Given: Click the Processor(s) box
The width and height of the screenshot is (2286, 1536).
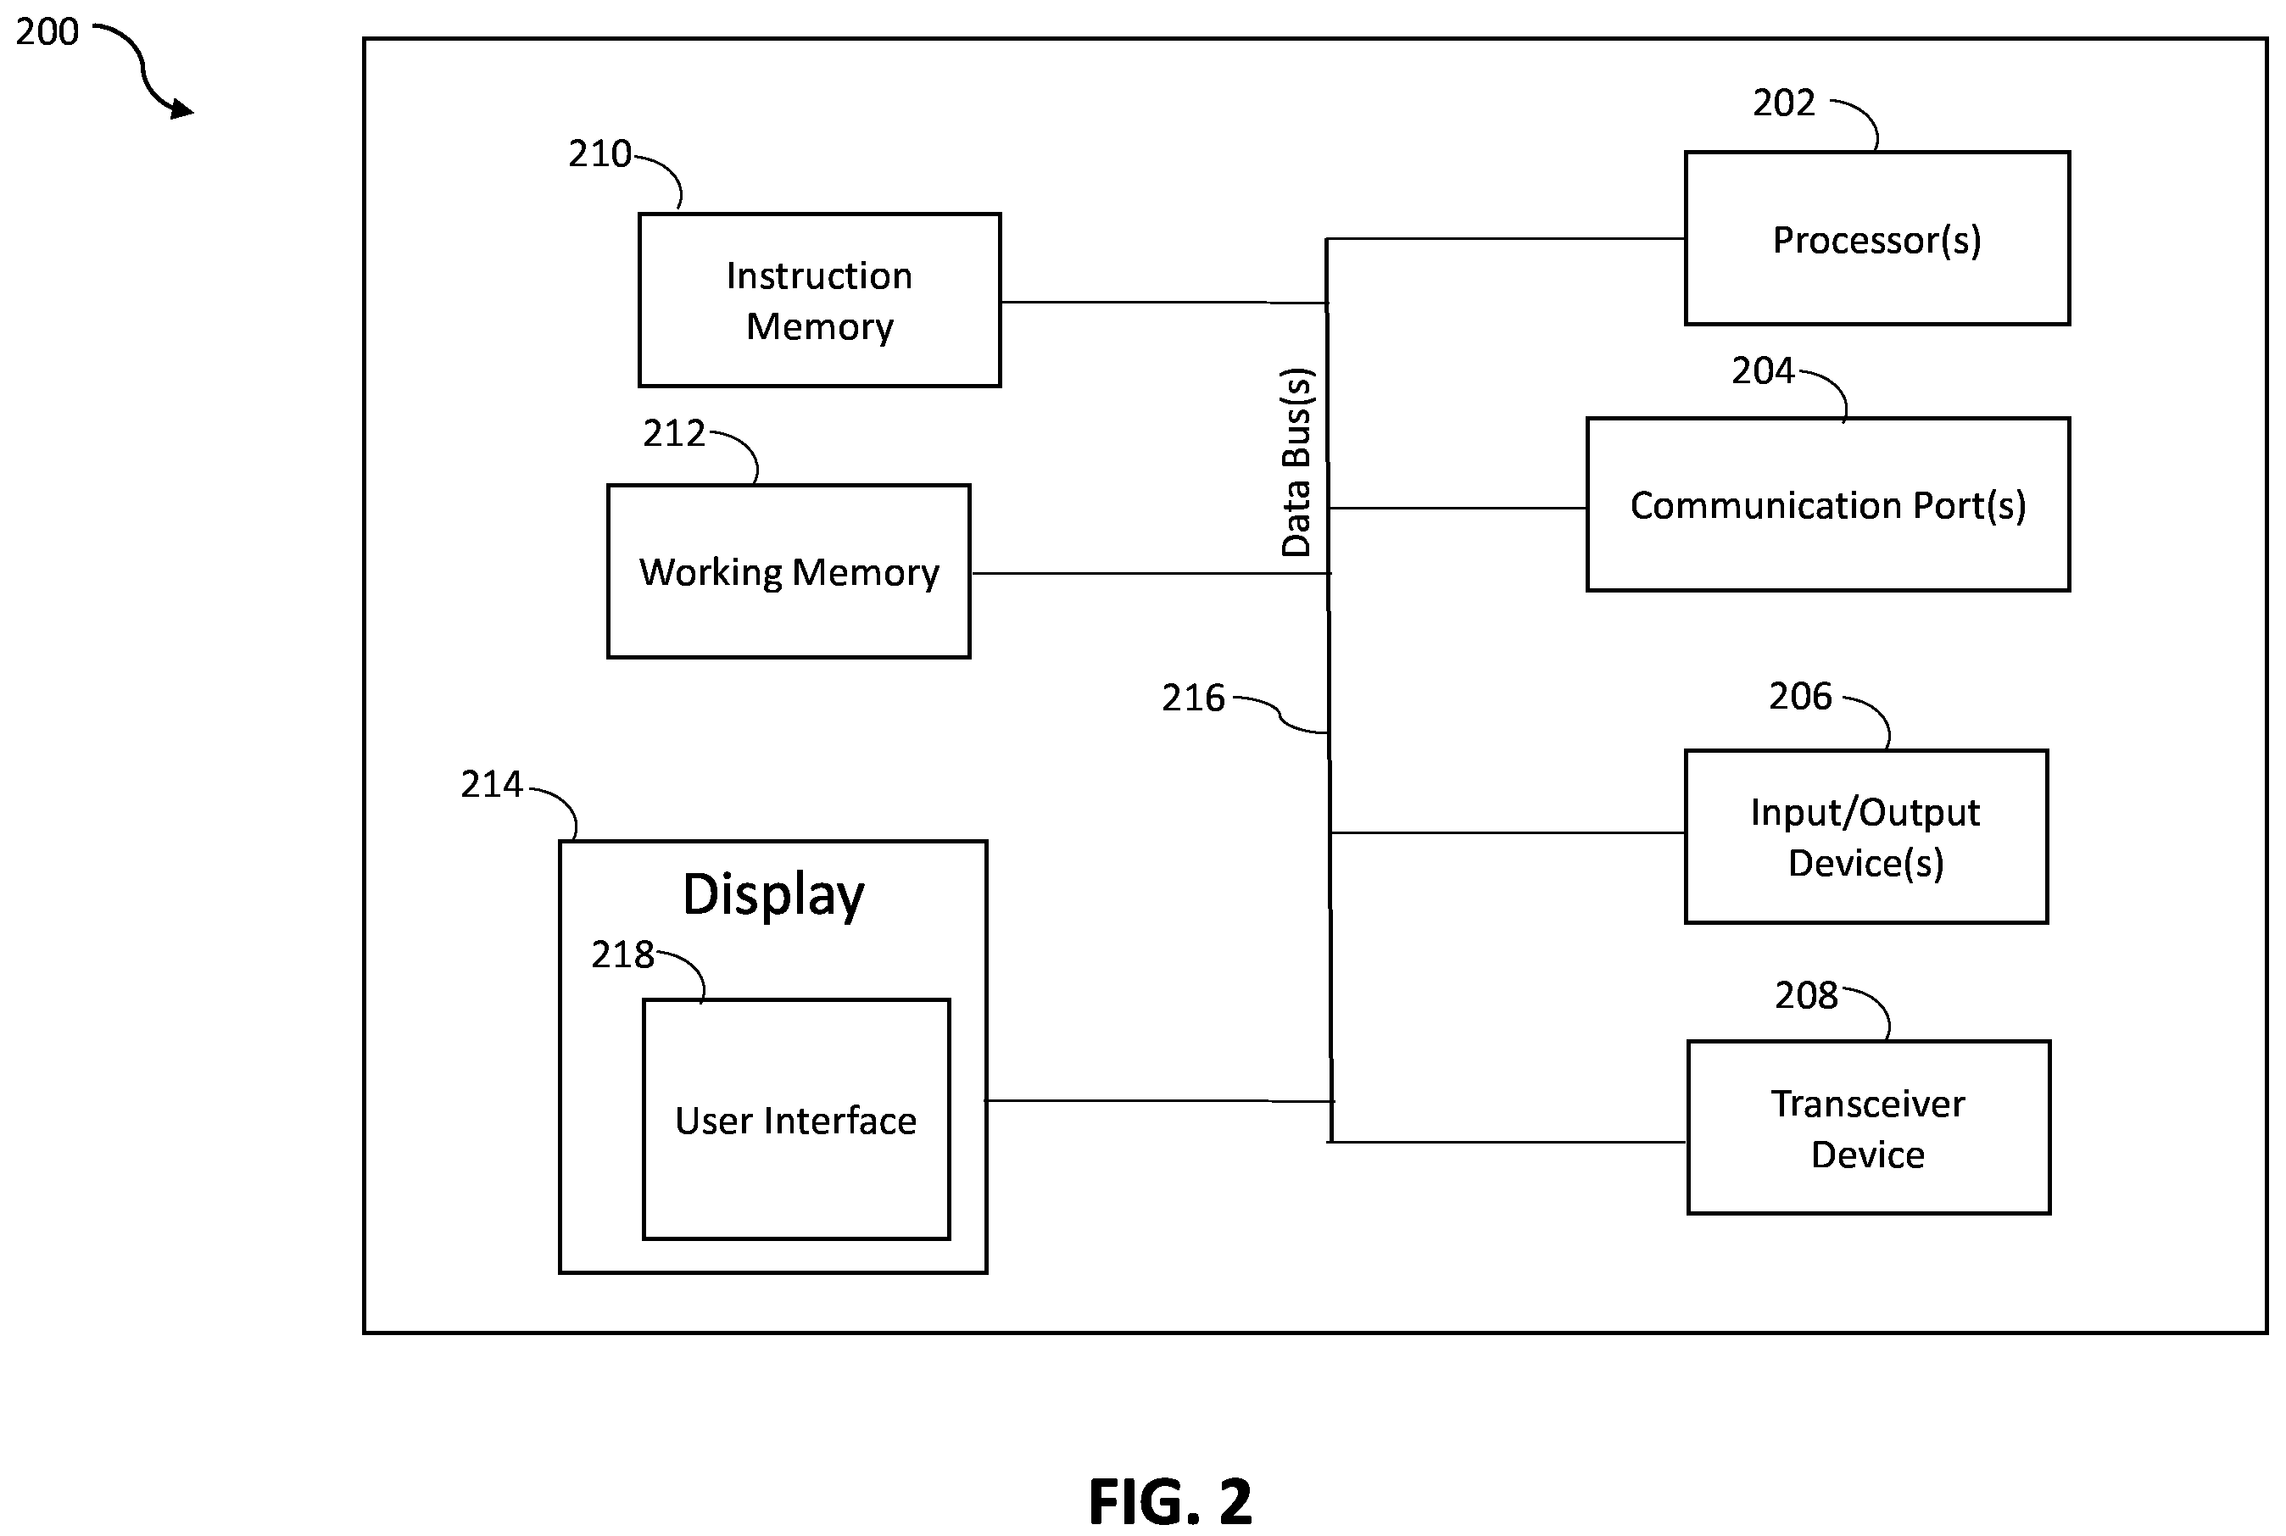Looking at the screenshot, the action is click(1876, 238).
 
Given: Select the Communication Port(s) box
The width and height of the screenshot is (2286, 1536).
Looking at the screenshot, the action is click(1827, 504).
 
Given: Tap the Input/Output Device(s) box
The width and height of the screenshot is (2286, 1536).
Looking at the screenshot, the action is click(1865, 837).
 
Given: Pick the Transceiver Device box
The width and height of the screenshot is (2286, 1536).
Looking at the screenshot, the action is click(1869, 1127).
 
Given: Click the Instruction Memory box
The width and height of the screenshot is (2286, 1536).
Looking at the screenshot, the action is click(819, 300).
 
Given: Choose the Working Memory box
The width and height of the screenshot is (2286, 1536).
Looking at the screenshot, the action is click(789, 571).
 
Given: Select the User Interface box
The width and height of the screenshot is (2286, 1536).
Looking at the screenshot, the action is click(795, 1120).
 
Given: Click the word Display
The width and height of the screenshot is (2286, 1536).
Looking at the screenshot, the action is click(773, 895).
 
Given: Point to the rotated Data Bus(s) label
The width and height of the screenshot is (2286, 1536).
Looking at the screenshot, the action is click(1296, 462).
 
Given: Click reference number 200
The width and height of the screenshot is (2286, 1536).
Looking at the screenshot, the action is click(47, 31).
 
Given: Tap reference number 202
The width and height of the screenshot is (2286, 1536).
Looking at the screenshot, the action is click(1783, 103).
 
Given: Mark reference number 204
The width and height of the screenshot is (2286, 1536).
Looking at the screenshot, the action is click(1762, 371).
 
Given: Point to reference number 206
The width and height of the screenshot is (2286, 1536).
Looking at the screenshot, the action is click(1800, 697).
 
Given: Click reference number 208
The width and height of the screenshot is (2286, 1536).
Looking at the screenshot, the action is click(1806, 995).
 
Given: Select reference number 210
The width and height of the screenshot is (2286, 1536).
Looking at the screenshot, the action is click(599, 153).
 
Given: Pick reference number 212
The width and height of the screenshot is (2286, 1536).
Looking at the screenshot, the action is click(674, 433).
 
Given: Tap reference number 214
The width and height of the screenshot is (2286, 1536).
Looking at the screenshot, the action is click(492, 785).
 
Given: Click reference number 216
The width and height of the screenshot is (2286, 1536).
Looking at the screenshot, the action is click(1194, 698).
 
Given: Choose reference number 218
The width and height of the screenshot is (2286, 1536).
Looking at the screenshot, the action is click(622, 954).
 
